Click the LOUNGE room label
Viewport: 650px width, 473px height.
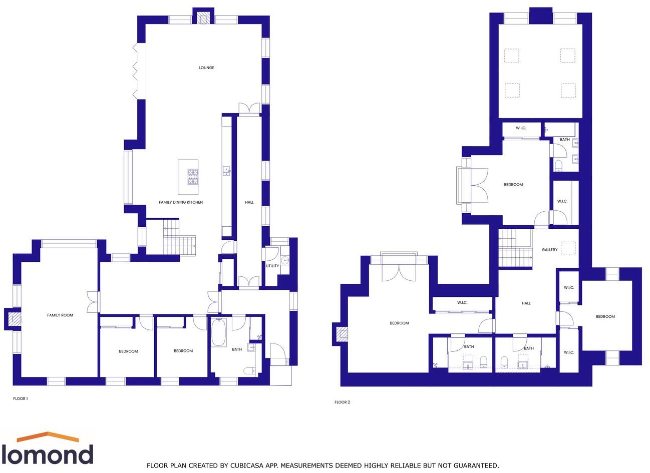206,68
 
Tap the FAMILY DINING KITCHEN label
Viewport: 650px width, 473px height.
181,202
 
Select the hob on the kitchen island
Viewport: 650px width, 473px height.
192,177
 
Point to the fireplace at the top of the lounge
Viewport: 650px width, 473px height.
203,19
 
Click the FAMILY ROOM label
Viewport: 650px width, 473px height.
60,315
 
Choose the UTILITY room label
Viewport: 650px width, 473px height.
272,266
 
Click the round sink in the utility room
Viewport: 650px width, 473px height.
285,260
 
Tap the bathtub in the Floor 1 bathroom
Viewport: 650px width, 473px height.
219,333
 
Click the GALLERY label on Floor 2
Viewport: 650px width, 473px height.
549,250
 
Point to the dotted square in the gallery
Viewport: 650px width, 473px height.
568,248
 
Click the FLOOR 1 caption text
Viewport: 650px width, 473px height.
21,399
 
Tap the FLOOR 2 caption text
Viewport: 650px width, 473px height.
343,402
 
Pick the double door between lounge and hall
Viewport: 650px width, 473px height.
249,110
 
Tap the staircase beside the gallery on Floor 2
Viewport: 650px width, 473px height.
515,248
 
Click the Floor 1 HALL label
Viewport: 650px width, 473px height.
249,202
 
